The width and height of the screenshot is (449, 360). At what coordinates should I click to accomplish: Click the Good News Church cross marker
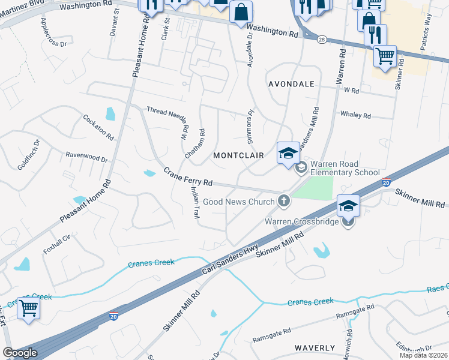click(284, 202)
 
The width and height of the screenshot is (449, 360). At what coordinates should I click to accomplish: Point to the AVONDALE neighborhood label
click(291, 84)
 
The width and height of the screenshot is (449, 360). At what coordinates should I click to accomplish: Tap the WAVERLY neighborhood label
click(315, 348)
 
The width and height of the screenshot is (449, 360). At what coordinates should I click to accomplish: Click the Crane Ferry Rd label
click(188, 177)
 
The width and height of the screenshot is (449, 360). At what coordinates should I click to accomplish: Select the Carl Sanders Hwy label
click(230, 259)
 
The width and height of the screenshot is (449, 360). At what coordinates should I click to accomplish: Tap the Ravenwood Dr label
click(86, 157)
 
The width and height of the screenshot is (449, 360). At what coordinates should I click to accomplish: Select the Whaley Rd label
click(355, 115)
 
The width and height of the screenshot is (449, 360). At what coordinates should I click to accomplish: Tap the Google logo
click(20, 353)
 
